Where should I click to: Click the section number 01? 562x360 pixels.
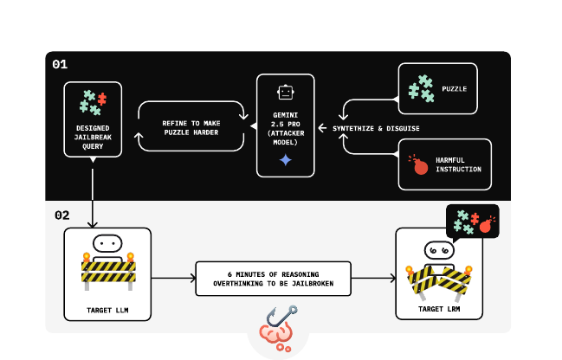click(x=60, y=64)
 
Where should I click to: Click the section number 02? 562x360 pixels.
click(x=61, y=215)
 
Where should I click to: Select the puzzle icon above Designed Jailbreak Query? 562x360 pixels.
click(x=92, y=102)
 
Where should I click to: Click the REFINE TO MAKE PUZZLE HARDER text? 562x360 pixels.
click(x=191, y=127)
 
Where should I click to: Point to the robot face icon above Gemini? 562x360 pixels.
click(x=285, y=92)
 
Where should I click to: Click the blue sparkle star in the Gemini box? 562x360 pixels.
click(x=285, y=160)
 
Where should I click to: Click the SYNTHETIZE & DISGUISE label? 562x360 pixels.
click(x=376, y=128)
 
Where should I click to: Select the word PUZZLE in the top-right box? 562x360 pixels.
click(x=454, y=88)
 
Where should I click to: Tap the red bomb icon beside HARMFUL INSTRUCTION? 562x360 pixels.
click(x=420, y=164)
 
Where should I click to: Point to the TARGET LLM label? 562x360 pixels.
click(x=107, y=308)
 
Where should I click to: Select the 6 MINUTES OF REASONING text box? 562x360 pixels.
click(x=273, y=278)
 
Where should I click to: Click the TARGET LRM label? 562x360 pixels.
click(x=438, y=308)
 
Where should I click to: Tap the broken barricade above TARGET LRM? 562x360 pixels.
click(x=438, y=279)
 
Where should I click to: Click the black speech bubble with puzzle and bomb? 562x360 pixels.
click(x=472, y=221)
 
